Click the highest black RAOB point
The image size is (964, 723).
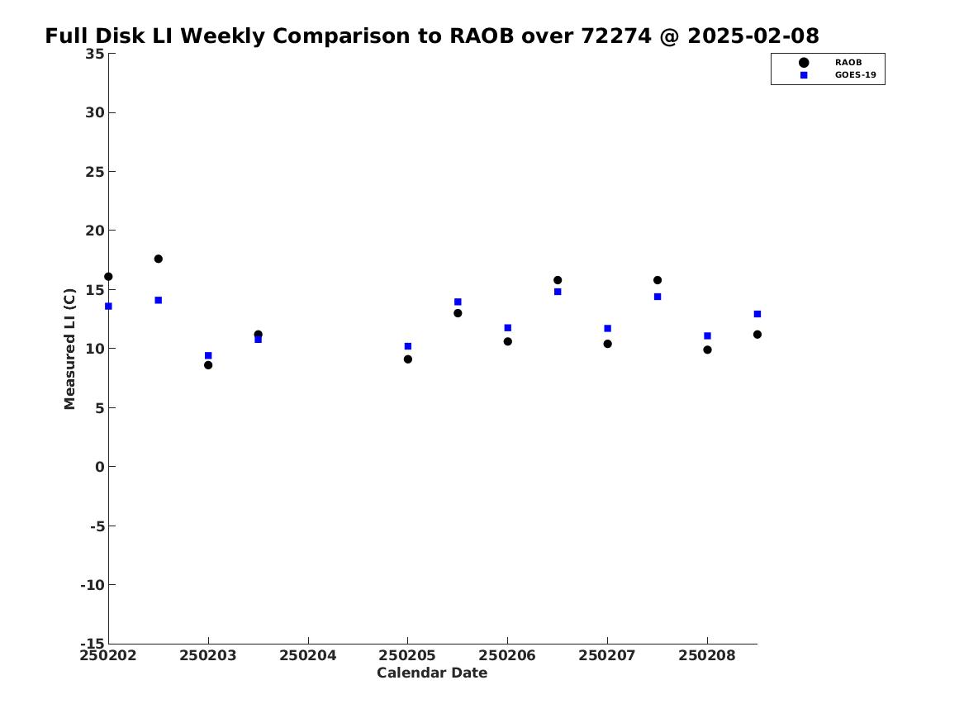tap(158, 259)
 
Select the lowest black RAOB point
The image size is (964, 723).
tap(208, 365)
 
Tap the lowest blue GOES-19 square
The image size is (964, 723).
tap(208, 355)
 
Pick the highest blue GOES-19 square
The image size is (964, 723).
tap(558, 292)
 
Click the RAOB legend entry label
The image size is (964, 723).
tap(848, 62)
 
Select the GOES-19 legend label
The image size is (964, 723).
tap(855, 75)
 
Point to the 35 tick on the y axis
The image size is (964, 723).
tap(112, 54)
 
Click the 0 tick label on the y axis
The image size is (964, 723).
tap(100, 467)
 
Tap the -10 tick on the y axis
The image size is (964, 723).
tap(112, 585)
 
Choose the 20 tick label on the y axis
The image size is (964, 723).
tap(95, 231)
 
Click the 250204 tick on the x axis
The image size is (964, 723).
tap(308, 640)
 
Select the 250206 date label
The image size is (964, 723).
tap(507, 655)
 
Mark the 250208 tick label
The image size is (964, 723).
tap(707, 655)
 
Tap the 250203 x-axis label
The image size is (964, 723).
tap(208, 655)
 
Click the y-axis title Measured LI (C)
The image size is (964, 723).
tap(69, 349)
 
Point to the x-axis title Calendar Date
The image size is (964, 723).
tap(432, 673)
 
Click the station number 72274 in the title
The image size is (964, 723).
tap(616, 36)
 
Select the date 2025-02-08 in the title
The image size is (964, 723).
tap(753, 36)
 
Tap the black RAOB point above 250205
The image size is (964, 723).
tap(407, 359)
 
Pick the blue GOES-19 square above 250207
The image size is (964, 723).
tap(607, 328)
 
